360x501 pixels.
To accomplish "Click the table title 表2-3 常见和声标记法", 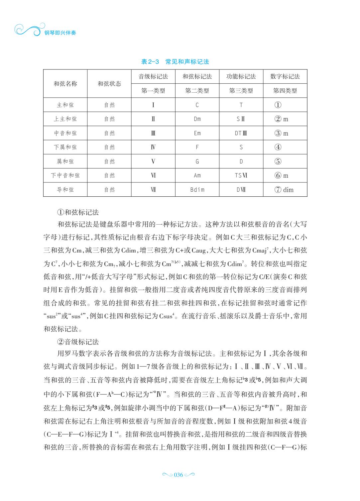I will [x=175, y=62].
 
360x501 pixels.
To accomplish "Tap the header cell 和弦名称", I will [x=65, y=84].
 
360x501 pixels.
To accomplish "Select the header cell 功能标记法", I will [x=241, y=76].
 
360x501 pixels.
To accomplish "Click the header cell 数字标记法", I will [x=285, y=76].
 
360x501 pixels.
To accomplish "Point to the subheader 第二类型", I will [x=197, y=91].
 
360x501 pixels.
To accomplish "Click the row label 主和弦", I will [x=65, y=105].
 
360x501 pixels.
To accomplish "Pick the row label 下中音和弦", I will [x=65, y=175].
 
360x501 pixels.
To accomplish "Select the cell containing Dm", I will [x=197, y=119].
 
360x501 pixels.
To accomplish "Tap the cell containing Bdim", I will [x=197, y=190].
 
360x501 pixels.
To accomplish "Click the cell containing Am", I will [x=197, y=175].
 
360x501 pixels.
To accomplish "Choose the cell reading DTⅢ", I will [x=241, y=133].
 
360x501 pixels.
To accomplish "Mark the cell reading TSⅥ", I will [x=241, y=175].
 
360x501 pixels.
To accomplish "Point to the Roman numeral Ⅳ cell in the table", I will [x=153, y=147].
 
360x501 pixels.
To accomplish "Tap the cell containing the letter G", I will [x=197, y=161].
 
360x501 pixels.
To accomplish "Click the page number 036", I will [x=179, y=475].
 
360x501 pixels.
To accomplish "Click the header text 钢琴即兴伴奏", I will [x=60, y=33].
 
